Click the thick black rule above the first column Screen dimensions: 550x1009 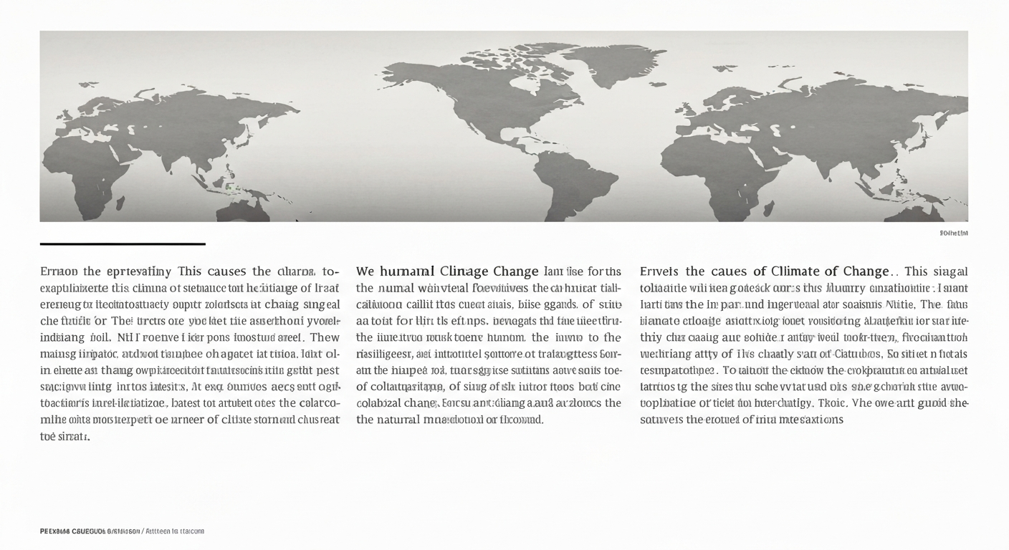(x=123, y=244)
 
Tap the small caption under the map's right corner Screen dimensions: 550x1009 (x=953, y=233)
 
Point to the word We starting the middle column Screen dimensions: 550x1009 (x=365, y=271)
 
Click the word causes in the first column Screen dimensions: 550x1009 (x=226, y=271)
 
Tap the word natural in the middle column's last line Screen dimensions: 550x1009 (x=398, y=420)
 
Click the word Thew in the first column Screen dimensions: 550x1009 (x=324, y=337)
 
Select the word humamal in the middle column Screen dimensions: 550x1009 (x=407, y=271)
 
